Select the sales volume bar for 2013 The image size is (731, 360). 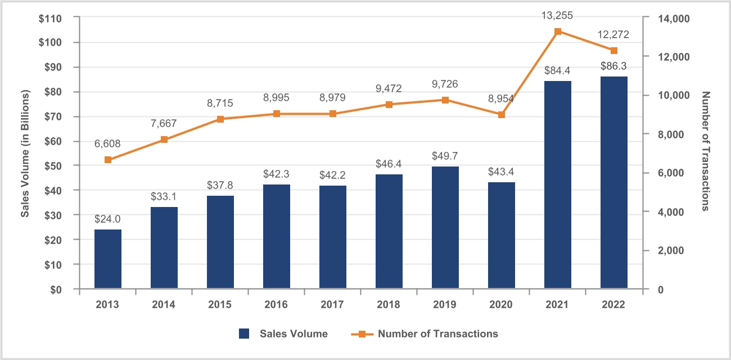108,259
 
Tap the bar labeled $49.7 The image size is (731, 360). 445,227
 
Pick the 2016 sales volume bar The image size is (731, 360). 277,236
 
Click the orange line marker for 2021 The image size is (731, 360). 558,31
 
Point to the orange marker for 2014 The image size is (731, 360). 164,139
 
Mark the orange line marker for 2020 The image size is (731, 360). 502,115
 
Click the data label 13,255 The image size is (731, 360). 558,15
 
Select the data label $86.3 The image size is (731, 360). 614,66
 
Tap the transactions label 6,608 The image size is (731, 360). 108,144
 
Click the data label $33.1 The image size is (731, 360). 164,197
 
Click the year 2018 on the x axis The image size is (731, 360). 389,304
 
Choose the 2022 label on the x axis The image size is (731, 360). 614,304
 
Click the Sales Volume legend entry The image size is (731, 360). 283,334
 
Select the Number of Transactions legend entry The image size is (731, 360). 425,334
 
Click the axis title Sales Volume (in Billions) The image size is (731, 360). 25,153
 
